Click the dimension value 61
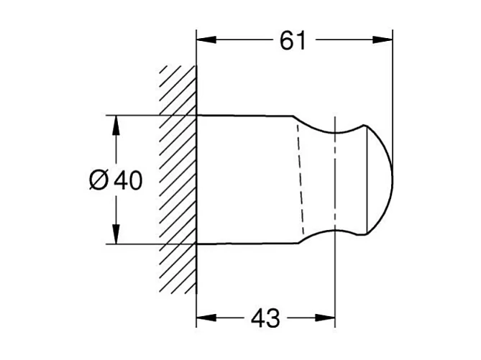click(x=293, y=42)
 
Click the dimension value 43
click(x=265, y=316)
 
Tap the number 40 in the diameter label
click(x=128, y=180)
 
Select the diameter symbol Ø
click(x=98, y=180)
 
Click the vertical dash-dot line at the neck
click(x=334, y=180)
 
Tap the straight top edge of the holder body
click(x=244, y=115)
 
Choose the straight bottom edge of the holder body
click(x=244, y=244)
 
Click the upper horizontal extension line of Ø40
click(x=144, y=114)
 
